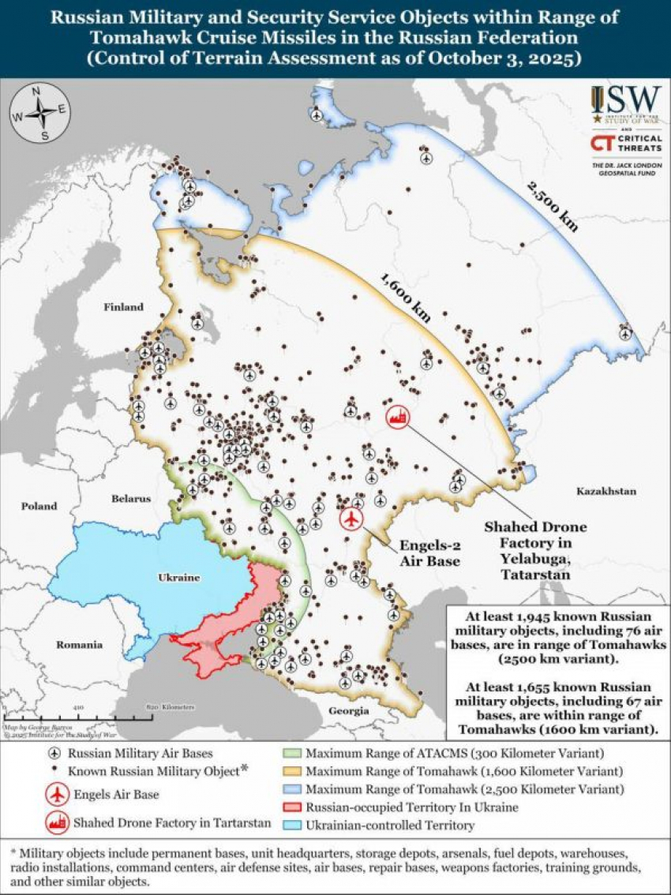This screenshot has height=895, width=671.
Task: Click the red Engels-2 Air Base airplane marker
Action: (x=351, y=519)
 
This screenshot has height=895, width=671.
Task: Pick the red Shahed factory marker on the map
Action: (x=396, y=418)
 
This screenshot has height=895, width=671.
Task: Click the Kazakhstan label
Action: (x=605, y=491)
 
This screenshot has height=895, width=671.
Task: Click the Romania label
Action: (x=79, y=645)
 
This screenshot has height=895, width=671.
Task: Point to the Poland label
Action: (x=39, y=506)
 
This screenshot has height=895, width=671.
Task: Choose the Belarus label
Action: (x=130, y=499)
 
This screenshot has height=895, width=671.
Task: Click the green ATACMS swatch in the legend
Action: (x=293, y=753)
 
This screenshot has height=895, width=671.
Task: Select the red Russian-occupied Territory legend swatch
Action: (x=293, y=807)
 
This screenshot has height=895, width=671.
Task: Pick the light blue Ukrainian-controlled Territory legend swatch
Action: (x=293, y=826)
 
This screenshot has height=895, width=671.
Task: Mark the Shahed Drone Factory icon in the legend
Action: (x=55, y=822)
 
